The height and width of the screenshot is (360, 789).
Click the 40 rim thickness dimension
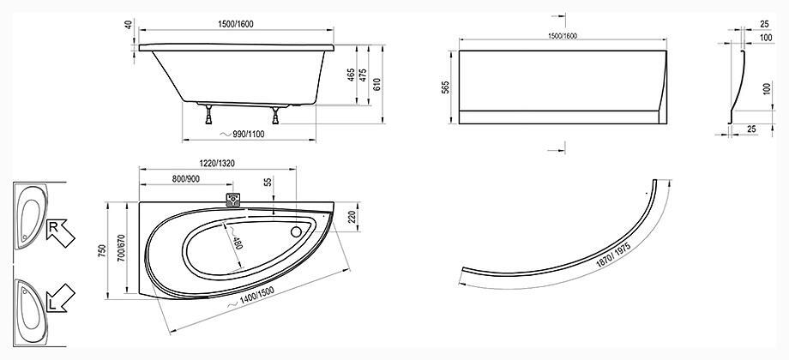coord(129,24)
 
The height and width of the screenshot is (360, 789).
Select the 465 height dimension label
coord(351,75)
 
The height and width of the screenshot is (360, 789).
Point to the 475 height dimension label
coord(363,75)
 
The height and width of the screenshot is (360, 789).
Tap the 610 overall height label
coord(376,84)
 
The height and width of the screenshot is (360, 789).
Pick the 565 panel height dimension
coord(445,87)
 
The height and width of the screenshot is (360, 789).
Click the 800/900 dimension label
coord(186,179)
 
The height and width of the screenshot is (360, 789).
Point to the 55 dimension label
coord(268,183)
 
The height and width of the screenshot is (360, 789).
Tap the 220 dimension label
coord(352,217)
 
